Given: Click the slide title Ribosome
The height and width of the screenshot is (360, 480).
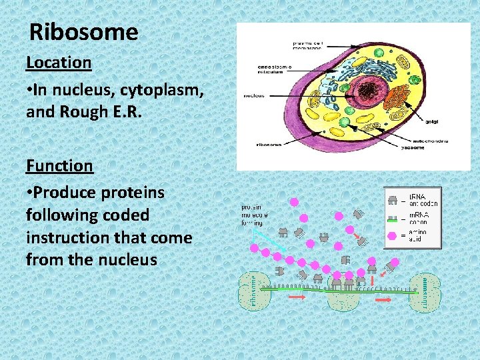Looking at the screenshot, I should point(84,32).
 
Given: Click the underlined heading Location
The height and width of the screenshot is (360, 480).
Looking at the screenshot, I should point(59,63).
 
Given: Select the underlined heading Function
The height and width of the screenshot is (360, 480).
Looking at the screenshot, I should point(59,165).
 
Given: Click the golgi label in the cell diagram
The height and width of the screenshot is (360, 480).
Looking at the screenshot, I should point(433,121).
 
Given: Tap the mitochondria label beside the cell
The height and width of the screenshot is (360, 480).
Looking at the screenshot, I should point(429,141).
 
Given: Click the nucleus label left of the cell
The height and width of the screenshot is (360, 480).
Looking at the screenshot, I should point(253,96).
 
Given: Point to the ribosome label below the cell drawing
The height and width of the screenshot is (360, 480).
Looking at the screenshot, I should point(269,144).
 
